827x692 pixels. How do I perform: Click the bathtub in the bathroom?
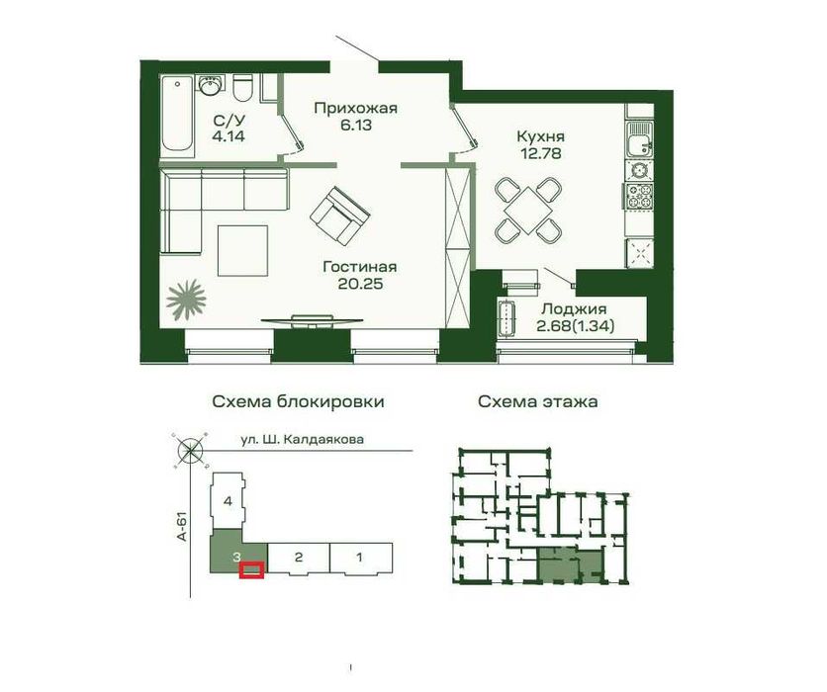(178, 115)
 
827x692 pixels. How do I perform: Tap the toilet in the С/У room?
(244, 91)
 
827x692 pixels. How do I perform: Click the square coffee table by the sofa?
(243, 250)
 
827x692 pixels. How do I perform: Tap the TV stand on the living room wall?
(312, 318)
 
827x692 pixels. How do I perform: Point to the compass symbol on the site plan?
(189, 452)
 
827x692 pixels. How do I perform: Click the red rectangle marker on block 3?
(253, 568)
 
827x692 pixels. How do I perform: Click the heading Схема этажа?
(537, 402)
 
